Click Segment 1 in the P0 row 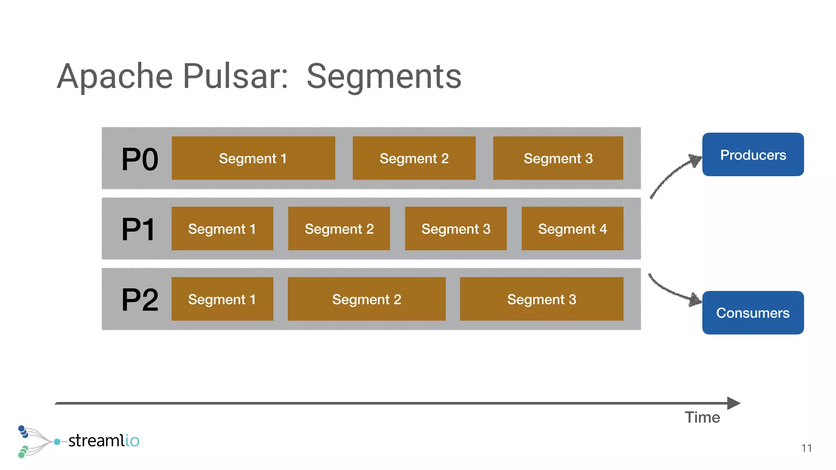pyautogui.click(x=253, y=158)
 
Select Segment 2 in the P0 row pyautogui.click(x=414, y=158)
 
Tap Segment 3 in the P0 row pyautogui.click(x=558, y=158)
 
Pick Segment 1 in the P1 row pyautogui.click(x=222, y=229)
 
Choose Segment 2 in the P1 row pyautogui.click(x=339, y=229)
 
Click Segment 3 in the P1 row pyautogui.click(x=456, y=229)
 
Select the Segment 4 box pyautogui.click(x=572, y=229)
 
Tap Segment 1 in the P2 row pyautogui.click(x=222, y=299)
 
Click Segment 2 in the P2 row pyautogui.click(x=367, y=299)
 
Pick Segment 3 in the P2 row pyautogui.click(x=541, y=299)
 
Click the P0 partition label pyautogui.click(x=140, y=160)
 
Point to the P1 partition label pyautogui.click(x=138, y=230)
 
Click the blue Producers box pyautogui.click(x=753, y=155)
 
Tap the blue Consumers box pyautogui.click(x=753, y=313)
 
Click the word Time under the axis pyautogui.click(x=702, y=417)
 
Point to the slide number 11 pyautogui.click(x=806, y=448)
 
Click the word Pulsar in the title pyautogui.click(x=236, y=76)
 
